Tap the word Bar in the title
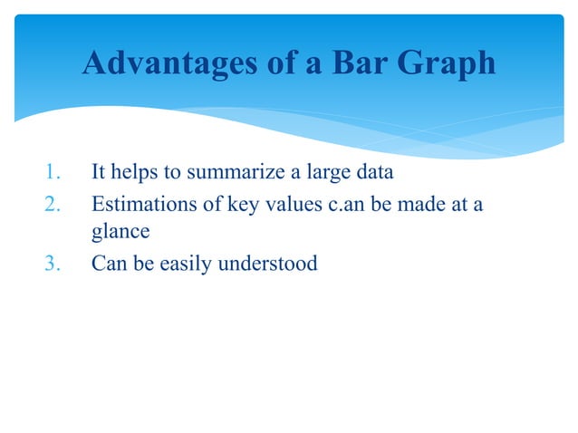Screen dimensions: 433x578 point(359,63)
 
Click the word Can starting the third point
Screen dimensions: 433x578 point(108,264)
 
